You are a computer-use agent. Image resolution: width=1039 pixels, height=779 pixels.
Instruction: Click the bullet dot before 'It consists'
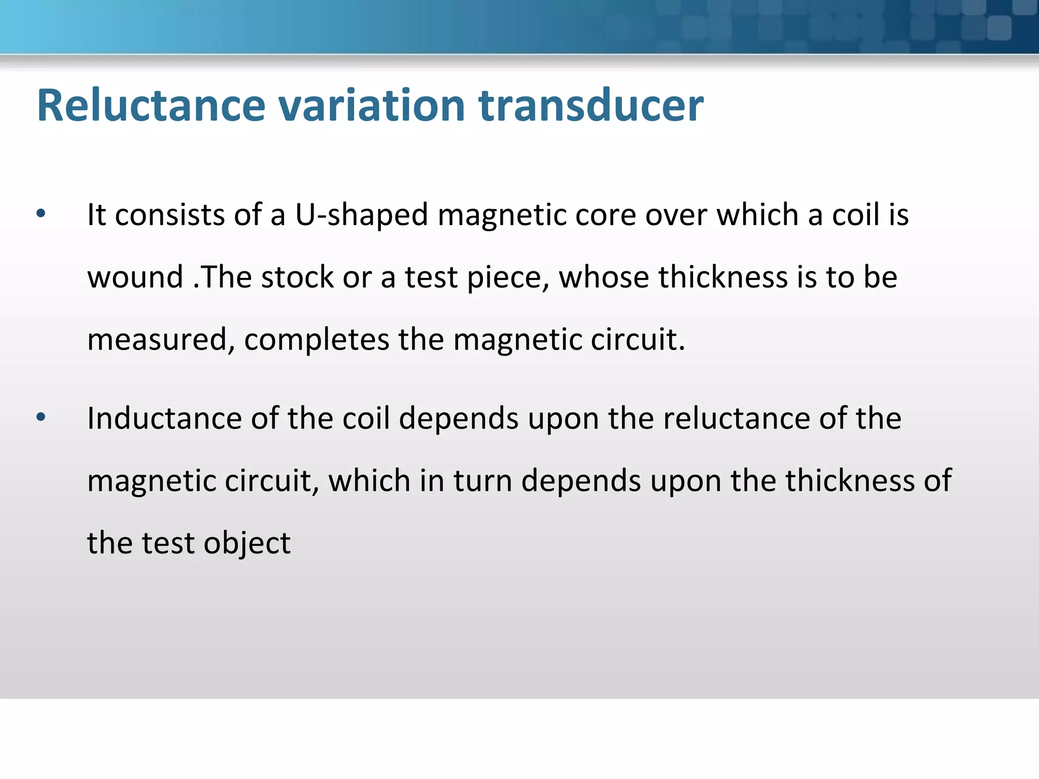tap(41, 214)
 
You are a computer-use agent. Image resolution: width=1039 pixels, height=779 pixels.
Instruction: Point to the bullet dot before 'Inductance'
tap(41, 417)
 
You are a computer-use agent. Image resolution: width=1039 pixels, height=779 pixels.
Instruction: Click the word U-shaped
tap(361, 215)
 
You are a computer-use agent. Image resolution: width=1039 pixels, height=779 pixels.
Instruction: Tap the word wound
tap(135, 277)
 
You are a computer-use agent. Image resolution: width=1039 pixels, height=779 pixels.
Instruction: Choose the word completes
tap(317, 340)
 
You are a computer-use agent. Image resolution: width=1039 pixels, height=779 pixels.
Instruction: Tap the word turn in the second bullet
tap(482, 481)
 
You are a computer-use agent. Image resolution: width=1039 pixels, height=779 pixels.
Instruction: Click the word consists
tap(169, 215)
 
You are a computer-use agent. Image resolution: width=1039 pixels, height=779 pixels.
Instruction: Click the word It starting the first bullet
tap(96, 215)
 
